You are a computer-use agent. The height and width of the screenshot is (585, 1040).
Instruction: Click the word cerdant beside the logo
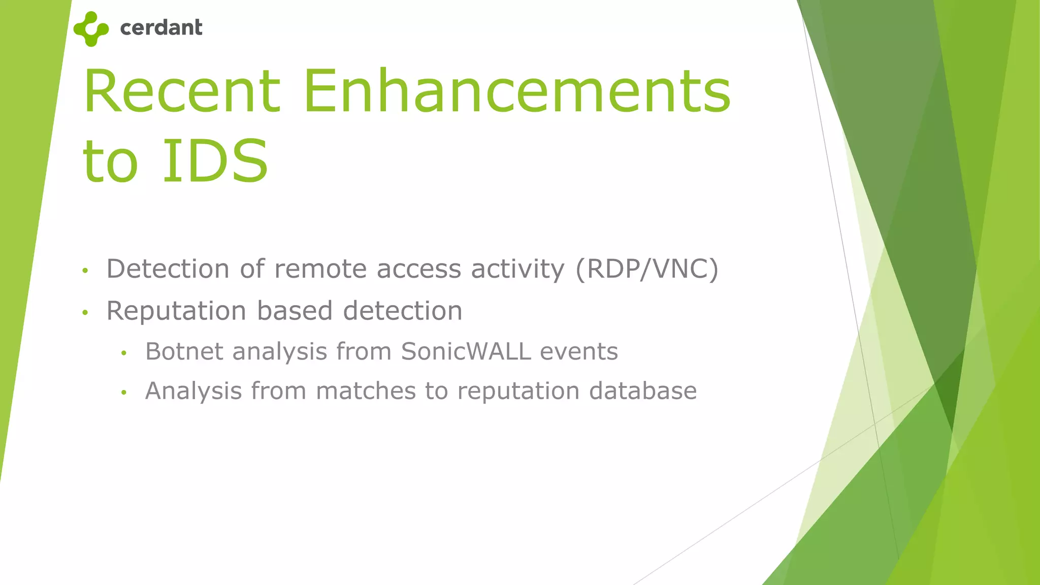click(x=161, y=27)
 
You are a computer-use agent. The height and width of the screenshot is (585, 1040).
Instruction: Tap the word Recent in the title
click(x=182, y=91)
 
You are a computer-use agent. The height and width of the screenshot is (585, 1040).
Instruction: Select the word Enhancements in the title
click(x=517, y=91)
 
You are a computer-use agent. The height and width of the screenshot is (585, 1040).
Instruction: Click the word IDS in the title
click(x=215, y=161)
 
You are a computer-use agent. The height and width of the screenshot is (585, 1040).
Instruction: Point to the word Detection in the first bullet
click(x=168, y=269)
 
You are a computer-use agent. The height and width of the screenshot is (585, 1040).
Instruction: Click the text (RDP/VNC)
click(x=647, y=269)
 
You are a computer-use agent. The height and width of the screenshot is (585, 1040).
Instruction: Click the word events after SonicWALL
click(x=579, y=351)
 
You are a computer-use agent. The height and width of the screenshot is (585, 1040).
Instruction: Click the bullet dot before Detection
click(x=85, y=271)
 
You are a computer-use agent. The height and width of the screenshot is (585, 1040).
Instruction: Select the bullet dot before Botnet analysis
click(x=123, y=353)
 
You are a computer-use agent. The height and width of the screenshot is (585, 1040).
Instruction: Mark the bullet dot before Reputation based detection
click(x=85, y=312)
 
